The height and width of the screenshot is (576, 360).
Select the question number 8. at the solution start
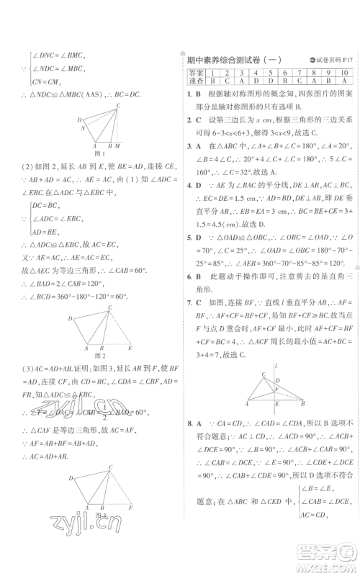(x=189, y=426)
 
